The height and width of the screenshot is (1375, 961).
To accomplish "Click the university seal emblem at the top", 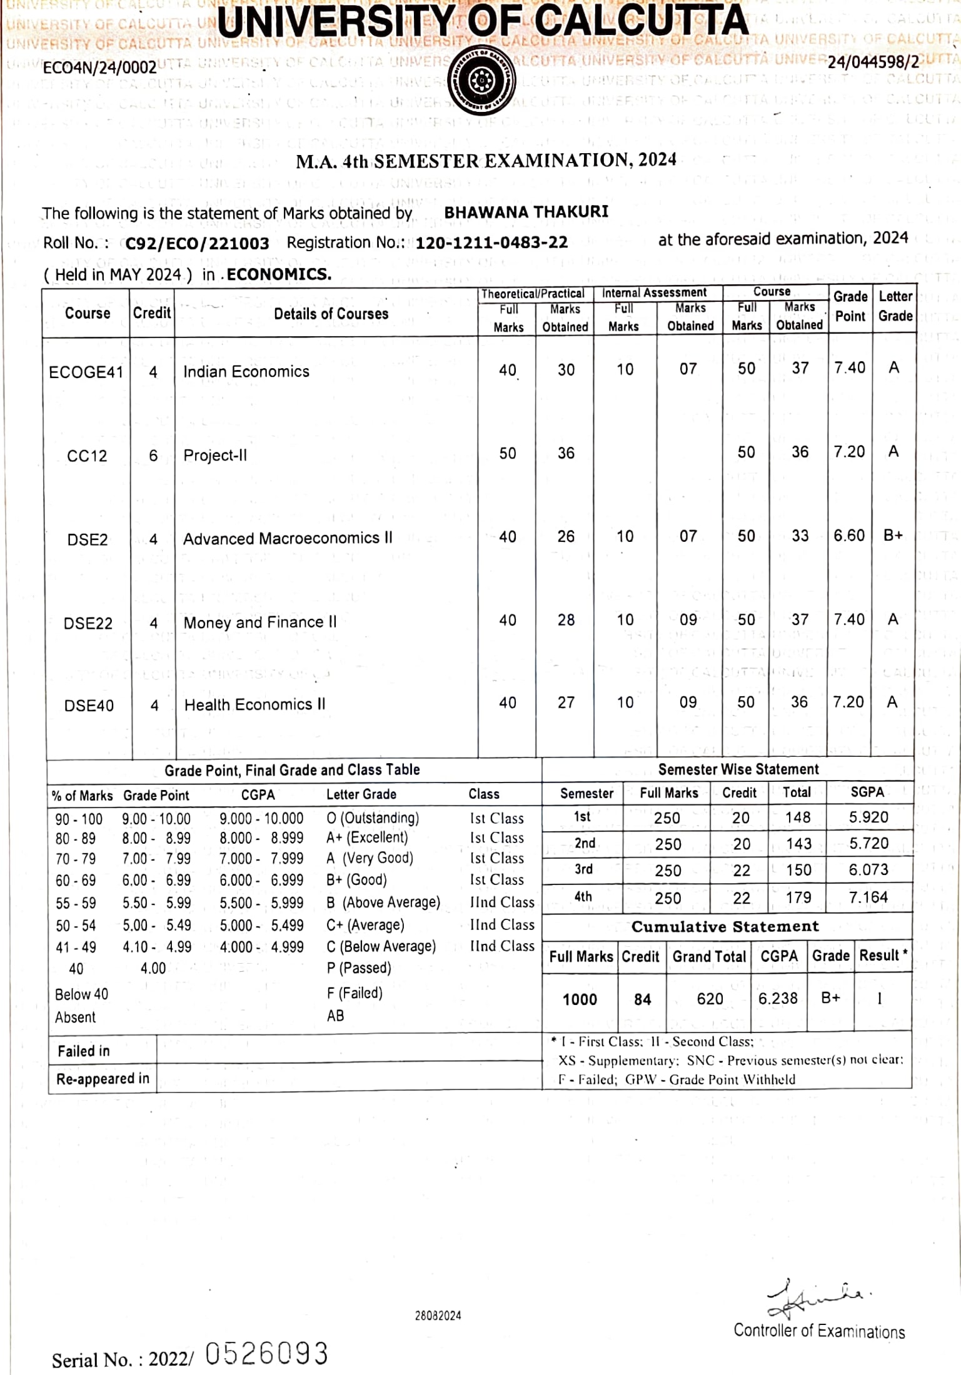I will tap(481, 80).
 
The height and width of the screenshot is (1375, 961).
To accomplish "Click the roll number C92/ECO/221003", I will tap(197, 243).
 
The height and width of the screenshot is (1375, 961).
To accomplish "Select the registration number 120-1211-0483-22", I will tap(491, 242).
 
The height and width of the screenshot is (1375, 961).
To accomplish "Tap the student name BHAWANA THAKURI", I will tap(526, 212).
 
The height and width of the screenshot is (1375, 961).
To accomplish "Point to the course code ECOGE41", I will tap(86, 372).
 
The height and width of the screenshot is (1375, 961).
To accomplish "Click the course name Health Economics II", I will tap(254, 704).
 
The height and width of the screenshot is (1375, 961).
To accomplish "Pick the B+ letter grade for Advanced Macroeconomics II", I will tap(893, 536).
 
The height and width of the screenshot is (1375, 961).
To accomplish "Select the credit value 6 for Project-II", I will tap(153, 456).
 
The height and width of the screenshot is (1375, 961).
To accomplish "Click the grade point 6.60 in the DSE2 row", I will tap(848, 536).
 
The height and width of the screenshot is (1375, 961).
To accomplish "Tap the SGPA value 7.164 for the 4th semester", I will tap(868, 897).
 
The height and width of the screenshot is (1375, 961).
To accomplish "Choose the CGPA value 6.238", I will tap(778, 998).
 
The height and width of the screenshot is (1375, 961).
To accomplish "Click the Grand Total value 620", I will tap(710, 999).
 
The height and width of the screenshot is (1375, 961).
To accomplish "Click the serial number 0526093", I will tap(266, 1354).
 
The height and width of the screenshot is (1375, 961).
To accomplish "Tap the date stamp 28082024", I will tap(438, 1316).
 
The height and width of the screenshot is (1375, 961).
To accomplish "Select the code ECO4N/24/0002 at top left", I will tap(99, 67).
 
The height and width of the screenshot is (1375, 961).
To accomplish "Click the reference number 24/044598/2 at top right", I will tap(873, 62).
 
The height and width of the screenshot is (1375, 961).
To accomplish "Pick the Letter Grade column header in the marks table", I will tap(895, 306).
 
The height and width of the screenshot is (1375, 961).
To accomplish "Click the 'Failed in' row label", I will tap(84, 1051).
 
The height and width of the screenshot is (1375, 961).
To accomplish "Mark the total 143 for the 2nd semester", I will tap(798, 844).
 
